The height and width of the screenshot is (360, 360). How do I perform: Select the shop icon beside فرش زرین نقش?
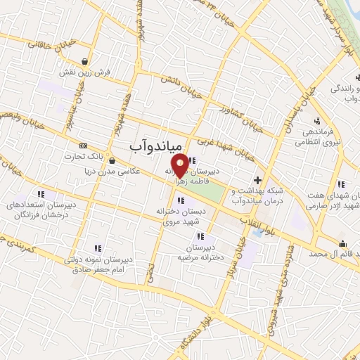coord(84,61)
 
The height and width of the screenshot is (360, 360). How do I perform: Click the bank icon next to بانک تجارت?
coord(84,146)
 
